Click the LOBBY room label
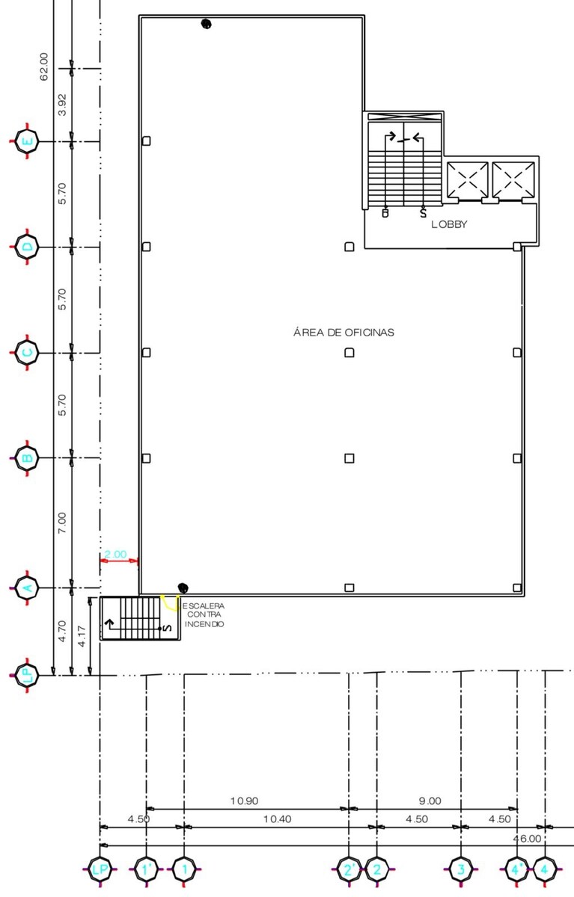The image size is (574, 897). pos(449,224)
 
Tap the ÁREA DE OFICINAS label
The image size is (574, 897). pos(344,332)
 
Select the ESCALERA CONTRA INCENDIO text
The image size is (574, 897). pos(204,614)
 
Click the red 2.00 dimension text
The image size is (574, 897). pos(115,554)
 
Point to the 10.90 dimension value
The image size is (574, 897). pos(244,801)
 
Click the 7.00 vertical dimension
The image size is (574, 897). pos(62,523)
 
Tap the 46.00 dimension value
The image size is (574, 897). pos(527,838)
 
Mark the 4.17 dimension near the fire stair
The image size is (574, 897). pos(82,636)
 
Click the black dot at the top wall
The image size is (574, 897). pos(206,24)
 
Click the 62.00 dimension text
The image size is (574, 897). pos(43,67)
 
